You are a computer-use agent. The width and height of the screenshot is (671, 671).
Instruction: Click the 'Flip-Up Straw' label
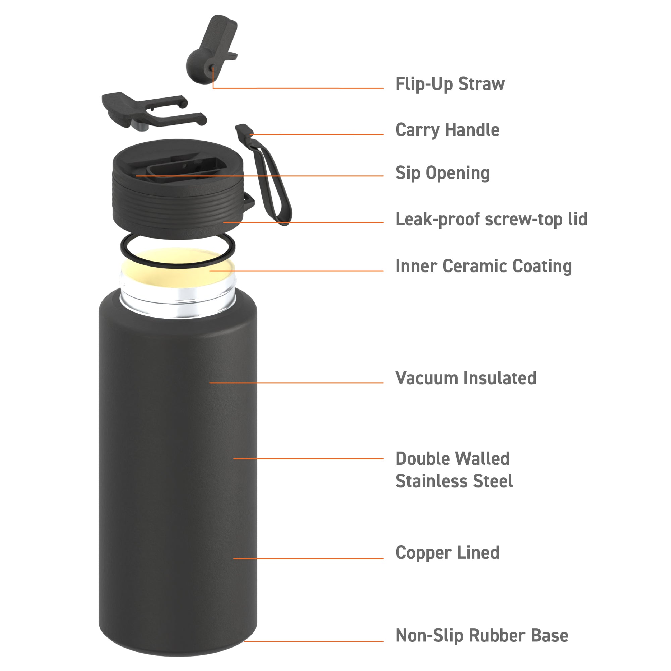click(x=450, y=85)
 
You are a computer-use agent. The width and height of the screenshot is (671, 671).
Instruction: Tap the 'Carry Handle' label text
click(x=447, y=131)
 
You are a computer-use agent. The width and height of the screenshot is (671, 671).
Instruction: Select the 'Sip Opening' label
click(x=443, y=173)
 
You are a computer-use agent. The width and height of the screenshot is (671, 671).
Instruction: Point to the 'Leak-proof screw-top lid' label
click(x=491, y=219)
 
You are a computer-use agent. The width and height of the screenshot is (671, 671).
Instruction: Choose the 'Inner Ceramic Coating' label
click(x=483, y=266)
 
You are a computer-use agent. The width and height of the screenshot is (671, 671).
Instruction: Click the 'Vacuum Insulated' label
click(x=466, y=378)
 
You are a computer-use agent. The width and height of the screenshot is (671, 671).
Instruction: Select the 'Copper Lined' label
click(x=447, y=553)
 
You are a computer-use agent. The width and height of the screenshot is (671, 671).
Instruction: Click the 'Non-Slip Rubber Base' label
click(x=482, y=635)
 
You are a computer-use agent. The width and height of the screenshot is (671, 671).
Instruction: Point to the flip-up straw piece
click(x=212, y=49)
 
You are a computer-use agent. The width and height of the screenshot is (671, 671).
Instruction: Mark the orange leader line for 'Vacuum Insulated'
click(x=296, y=383)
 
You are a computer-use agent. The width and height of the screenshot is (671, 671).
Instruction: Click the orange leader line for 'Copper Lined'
click(x=308, y=559)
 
